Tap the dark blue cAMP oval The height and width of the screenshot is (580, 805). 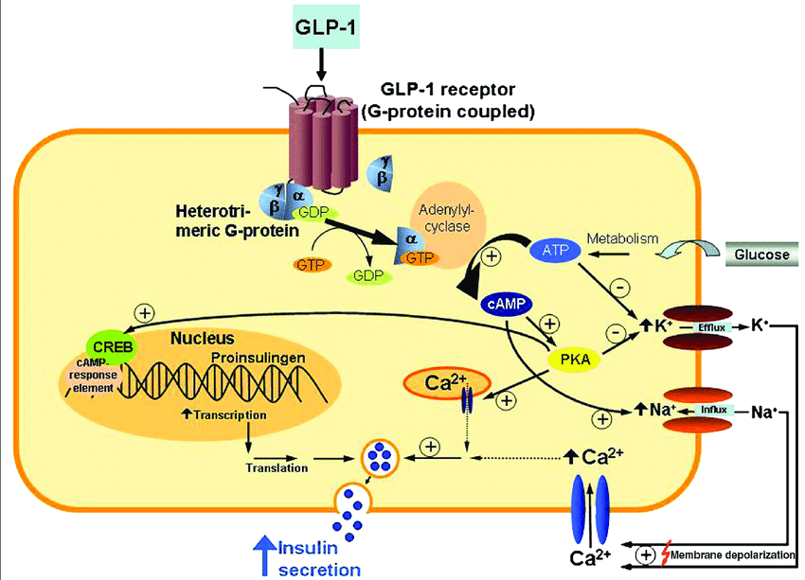[508, 305]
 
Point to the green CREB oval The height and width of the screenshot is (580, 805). [112, 345]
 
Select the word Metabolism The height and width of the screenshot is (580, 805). [622, 239]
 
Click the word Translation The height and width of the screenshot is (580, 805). [277, 467]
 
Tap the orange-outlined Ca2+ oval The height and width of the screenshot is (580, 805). [446, 383]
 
